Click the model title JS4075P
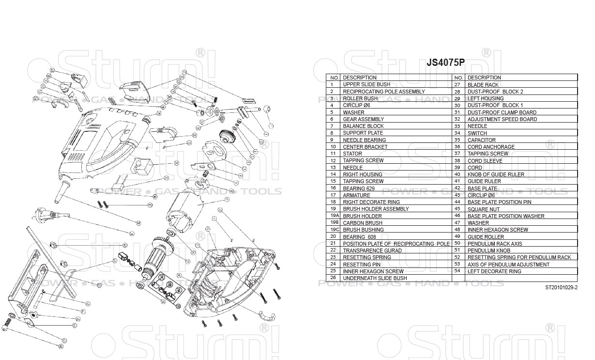point(445,63)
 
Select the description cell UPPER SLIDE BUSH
point(366,84)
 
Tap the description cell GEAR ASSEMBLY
point(363,119)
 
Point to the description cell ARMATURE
point(356,195)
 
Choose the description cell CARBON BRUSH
point(362,223)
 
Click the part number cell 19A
point(334,216)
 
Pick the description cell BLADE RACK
point(483,85)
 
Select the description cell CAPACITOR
point(481,140)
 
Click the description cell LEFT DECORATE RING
point(494,271)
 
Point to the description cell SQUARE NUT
point(484,209)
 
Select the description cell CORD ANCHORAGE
point(491,147)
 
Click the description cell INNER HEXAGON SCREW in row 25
point(373,271)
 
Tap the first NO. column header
point(334,78)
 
